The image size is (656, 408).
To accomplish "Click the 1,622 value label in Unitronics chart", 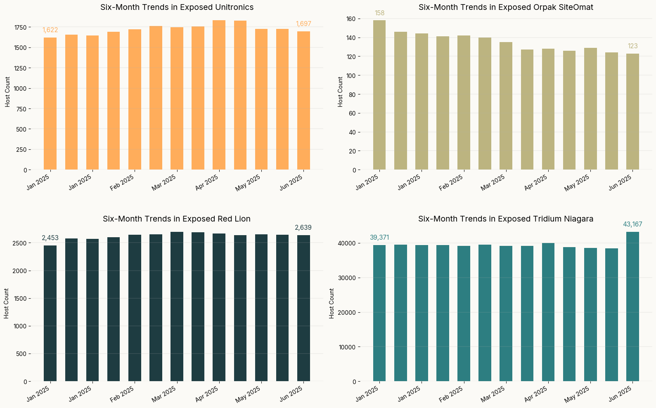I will coord(50,30).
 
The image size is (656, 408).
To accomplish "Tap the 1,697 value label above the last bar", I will coord(303,24).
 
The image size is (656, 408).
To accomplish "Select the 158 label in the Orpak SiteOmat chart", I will coord(379,13).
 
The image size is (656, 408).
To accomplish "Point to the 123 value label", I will coord(632,46).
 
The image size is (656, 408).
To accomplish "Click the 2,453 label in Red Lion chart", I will coord(50,238).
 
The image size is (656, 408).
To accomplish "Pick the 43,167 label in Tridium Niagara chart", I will coord(632,224).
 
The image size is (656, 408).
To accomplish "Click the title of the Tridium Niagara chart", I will coord(506,219).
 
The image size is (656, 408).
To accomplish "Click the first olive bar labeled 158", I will coord(379,95).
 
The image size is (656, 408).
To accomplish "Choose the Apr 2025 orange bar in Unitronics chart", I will coord(219,95).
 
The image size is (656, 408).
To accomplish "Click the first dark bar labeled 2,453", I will coord(50,314).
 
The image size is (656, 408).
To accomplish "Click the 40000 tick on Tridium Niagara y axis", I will coord(346,243).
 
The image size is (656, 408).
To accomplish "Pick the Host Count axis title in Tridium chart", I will coord(332,303).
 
